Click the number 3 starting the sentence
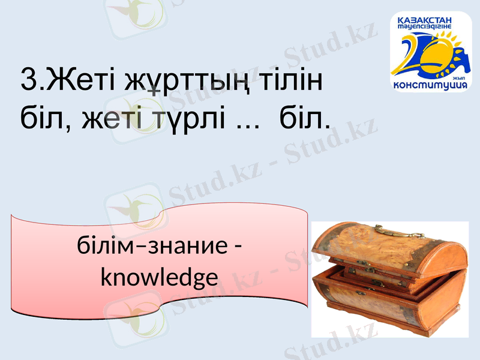coord(28,80)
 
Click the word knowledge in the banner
coord(158,278)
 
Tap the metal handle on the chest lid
coord(389,232)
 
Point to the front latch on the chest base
coord(359,293)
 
